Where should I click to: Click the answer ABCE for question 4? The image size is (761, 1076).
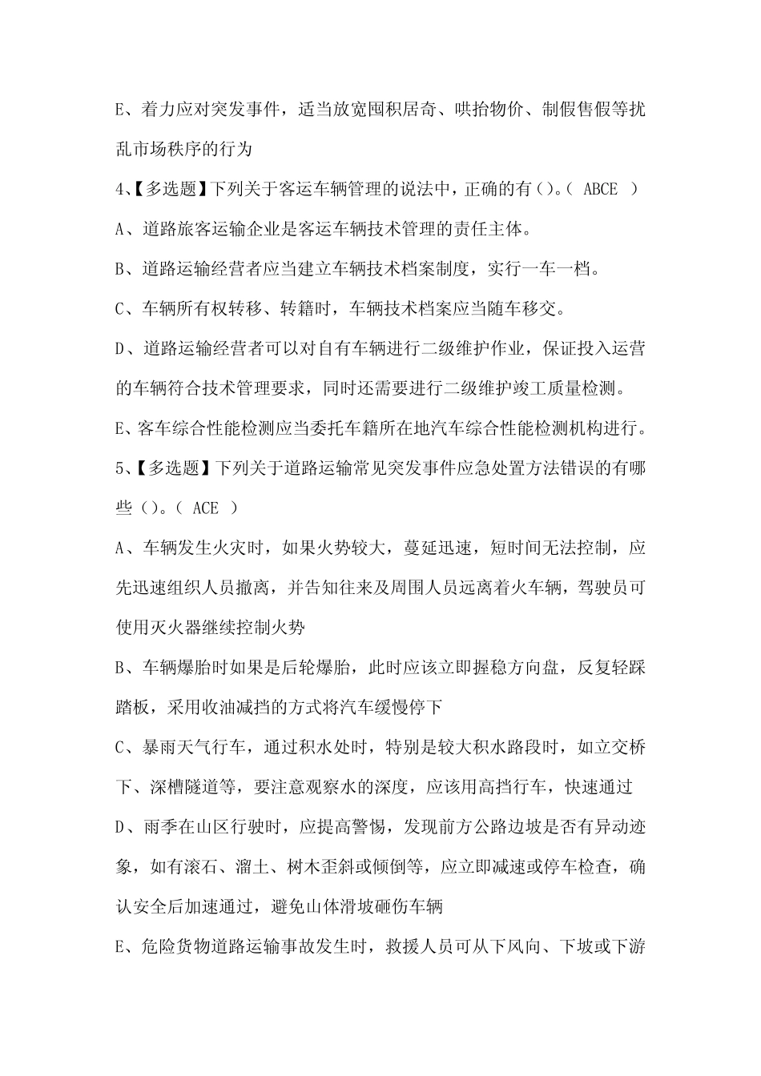coord(601,189)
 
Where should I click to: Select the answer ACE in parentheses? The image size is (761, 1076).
coord(205,508)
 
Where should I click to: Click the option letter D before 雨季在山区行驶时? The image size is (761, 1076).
coord(122,828)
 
